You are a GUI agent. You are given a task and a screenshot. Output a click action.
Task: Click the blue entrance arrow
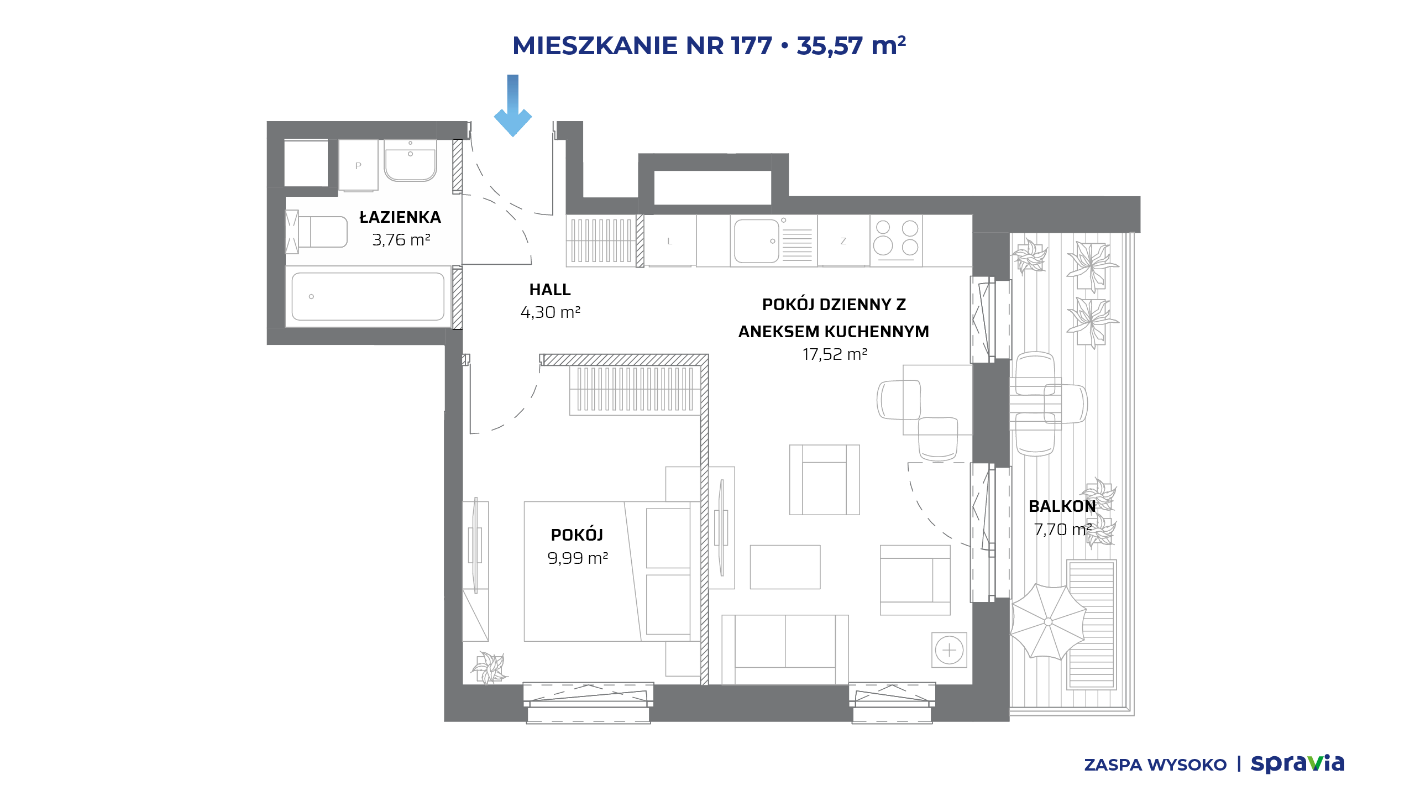pyautogui.click(x=513, y=105)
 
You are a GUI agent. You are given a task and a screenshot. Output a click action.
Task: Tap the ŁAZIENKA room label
pyautogui.click(x=400, y=217)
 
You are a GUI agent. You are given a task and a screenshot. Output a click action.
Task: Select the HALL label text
pyautogui.click(x=550, y=290)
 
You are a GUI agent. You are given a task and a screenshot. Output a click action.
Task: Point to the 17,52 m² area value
pyautogui.click(x=835, y=354)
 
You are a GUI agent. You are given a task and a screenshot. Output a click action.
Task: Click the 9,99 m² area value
pyautogui.click(x=578, y=558)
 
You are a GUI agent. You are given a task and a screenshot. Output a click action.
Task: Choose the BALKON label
pyautogui.click(x=1062, y=506)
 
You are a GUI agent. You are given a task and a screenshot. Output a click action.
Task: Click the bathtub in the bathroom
pyautogui.click(x=368, y=296)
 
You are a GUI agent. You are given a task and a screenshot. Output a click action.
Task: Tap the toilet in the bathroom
pyautogui.click(x=317, y=232)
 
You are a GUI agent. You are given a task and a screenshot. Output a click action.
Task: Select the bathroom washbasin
pyautogui.click(x=410, y=160)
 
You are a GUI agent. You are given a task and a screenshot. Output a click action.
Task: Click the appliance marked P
pyautogui.click(x=358, y=165)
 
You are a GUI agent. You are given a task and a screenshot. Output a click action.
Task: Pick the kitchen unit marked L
pyautogui.click(x=670, y=241)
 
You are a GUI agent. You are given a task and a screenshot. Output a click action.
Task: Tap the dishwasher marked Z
pyautogui.click(x=843, y=241)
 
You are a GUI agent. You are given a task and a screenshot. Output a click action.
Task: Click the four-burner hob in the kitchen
pyautogui.click(x=896, y=238)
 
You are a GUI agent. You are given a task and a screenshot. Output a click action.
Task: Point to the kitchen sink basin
pyautogui.click(x=756, y=241)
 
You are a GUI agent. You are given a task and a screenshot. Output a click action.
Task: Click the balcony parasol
pyautogui.click(x=1048, y=622)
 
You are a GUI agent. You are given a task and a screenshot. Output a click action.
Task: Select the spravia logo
pyautogui.click(x=1297, y=763)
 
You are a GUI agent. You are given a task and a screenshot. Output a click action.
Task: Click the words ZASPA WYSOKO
pyautogui.click(x=1155, y=765)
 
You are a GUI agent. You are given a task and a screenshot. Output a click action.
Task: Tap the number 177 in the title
pyautogui.click(x=751, y=45)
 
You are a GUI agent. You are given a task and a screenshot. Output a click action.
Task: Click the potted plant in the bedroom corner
pyautogui.click(x=489, y=668)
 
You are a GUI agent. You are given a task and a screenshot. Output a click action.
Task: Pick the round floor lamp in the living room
pyautogui.click(x=949, y=650)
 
